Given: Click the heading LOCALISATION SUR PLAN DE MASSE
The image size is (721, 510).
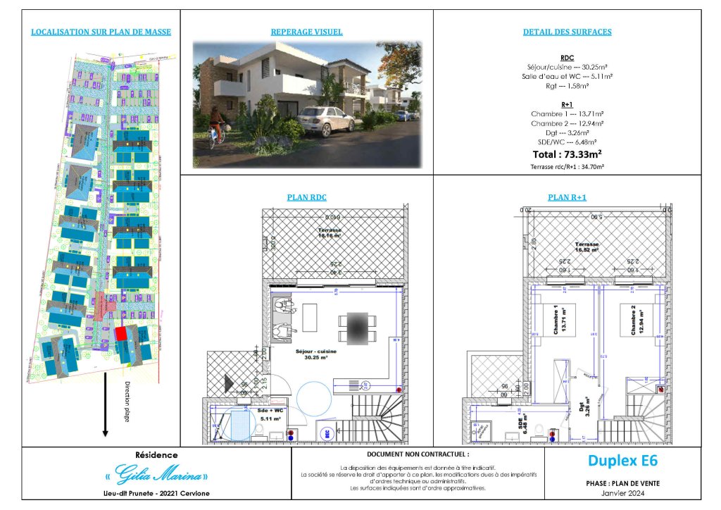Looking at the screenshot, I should tap(101, 32).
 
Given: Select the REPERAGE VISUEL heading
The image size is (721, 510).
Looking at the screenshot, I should tap(306, 32).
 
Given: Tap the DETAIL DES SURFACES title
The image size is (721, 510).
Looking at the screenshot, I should tap(567, 32).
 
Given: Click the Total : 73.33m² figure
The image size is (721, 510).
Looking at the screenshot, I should tap(567, 153).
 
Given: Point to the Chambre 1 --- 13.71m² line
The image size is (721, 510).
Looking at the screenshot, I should tap(567, 113).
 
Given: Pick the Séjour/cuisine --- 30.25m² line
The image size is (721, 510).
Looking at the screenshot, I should tap(567, 67).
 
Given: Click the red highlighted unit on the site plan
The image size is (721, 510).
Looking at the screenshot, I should tap(121, 333).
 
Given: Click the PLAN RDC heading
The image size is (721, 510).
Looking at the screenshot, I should tap(306, 197).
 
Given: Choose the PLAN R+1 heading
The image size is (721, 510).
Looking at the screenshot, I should tap(567, 197).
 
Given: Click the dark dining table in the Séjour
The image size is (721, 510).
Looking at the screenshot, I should tap(357, 328).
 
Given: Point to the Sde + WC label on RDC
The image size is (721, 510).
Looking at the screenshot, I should tap(270, 413).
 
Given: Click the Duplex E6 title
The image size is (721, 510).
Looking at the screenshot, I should tap(622, 461).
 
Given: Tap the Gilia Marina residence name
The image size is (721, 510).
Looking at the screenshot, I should tap(162, 473).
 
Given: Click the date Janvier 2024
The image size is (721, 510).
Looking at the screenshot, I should tap(622, 492).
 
